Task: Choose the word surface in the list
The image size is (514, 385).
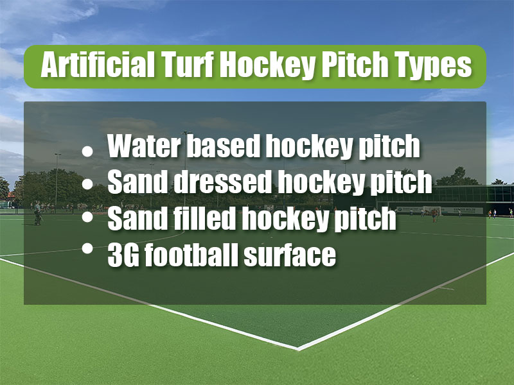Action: (x=290, y=255)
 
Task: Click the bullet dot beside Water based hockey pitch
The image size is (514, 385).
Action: (x=87, y=151)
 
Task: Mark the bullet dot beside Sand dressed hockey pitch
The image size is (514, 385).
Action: (x=87, y=184)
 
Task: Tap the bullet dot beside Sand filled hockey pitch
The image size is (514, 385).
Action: (x=87, y=217)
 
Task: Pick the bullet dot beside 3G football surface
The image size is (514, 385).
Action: (x=87, y=248)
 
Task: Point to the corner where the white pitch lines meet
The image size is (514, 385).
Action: (x=298, y=348)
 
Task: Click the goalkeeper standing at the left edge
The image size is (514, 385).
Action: (x=38, y=213)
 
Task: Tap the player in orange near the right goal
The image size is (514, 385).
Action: (x=434, y=216)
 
